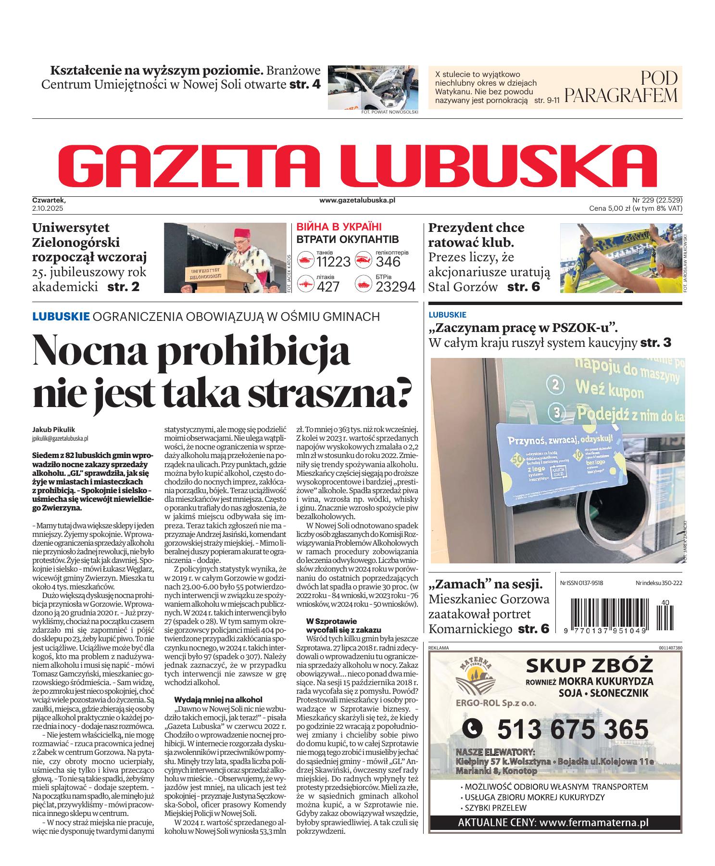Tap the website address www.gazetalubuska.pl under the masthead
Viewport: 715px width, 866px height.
coord(357,200)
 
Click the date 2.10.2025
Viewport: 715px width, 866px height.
coord(48,208)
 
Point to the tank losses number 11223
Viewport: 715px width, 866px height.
coord(333,262)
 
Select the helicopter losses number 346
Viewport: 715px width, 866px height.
coord(388,262)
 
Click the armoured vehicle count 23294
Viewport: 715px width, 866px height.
coord(395,287)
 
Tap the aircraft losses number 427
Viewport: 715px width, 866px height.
coord(327,287)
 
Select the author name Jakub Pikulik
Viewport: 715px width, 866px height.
coord(54,430)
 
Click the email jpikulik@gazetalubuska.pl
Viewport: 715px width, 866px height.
coord(60,438)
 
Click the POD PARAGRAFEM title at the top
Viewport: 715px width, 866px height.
coord(621,88)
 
